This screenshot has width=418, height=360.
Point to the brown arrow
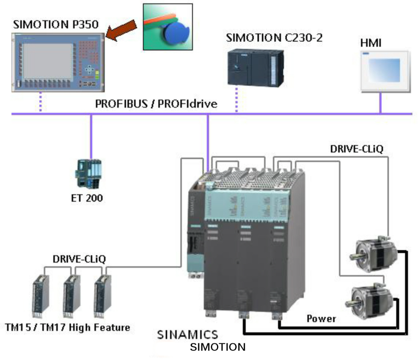point(122,30)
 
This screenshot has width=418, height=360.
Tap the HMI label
point(371,43)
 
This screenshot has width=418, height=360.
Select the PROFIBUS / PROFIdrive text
point(157,105)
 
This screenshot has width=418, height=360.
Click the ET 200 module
point(88,171)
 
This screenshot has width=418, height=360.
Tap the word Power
point(321,318)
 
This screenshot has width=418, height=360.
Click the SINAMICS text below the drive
point(187,334)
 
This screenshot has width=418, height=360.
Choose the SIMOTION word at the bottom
point(218,347)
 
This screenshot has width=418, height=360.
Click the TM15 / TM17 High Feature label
point(67,327)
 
